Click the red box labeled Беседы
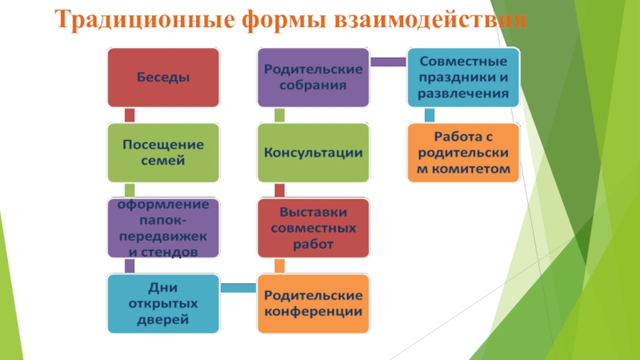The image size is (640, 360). coord(164,78)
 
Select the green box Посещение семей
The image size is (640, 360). coord(164,152)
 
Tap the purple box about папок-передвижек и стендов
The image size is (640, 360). coord(164,227)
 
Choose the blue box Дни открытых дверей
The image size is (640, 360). coord(164,303)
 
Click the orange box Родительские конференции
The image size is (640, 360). coord(313,303)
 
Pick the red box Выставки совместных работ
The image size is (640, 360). coord(313,228)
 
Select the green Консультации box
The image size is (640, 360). coord(313,152)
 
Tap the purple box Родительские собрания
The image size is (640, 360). coord(313,78)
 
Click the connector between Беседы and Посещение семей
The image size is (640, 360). coord(130,115)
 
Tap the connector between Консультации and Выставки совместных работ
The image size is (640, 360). coord(279,190)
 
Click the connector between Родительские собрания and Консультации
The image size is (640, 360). coord(279,115)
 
